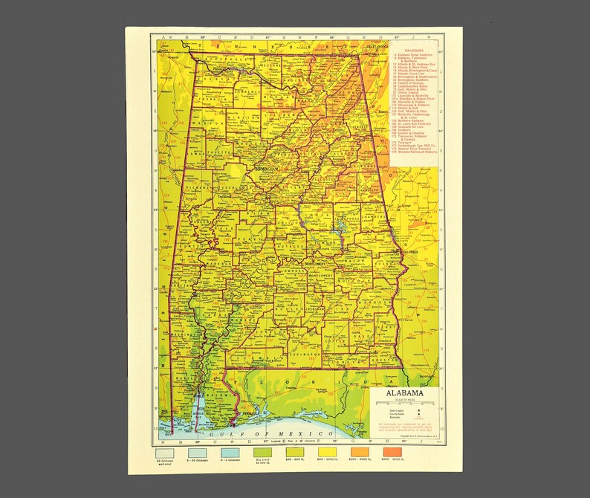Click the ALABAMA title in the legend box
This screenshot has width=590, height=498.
pos(404,393)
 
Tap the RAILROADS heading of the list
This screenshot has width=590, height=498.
pos(414,52)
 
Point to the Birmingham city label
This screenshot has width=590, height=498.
pos(257,169)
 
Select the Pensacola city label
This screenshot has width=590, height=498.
pos(248,410)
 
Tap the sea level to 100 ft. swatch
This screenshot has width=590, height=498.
pos(262,452)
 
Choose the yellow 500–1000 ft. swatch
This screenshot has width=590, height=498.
pos(328,452)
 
